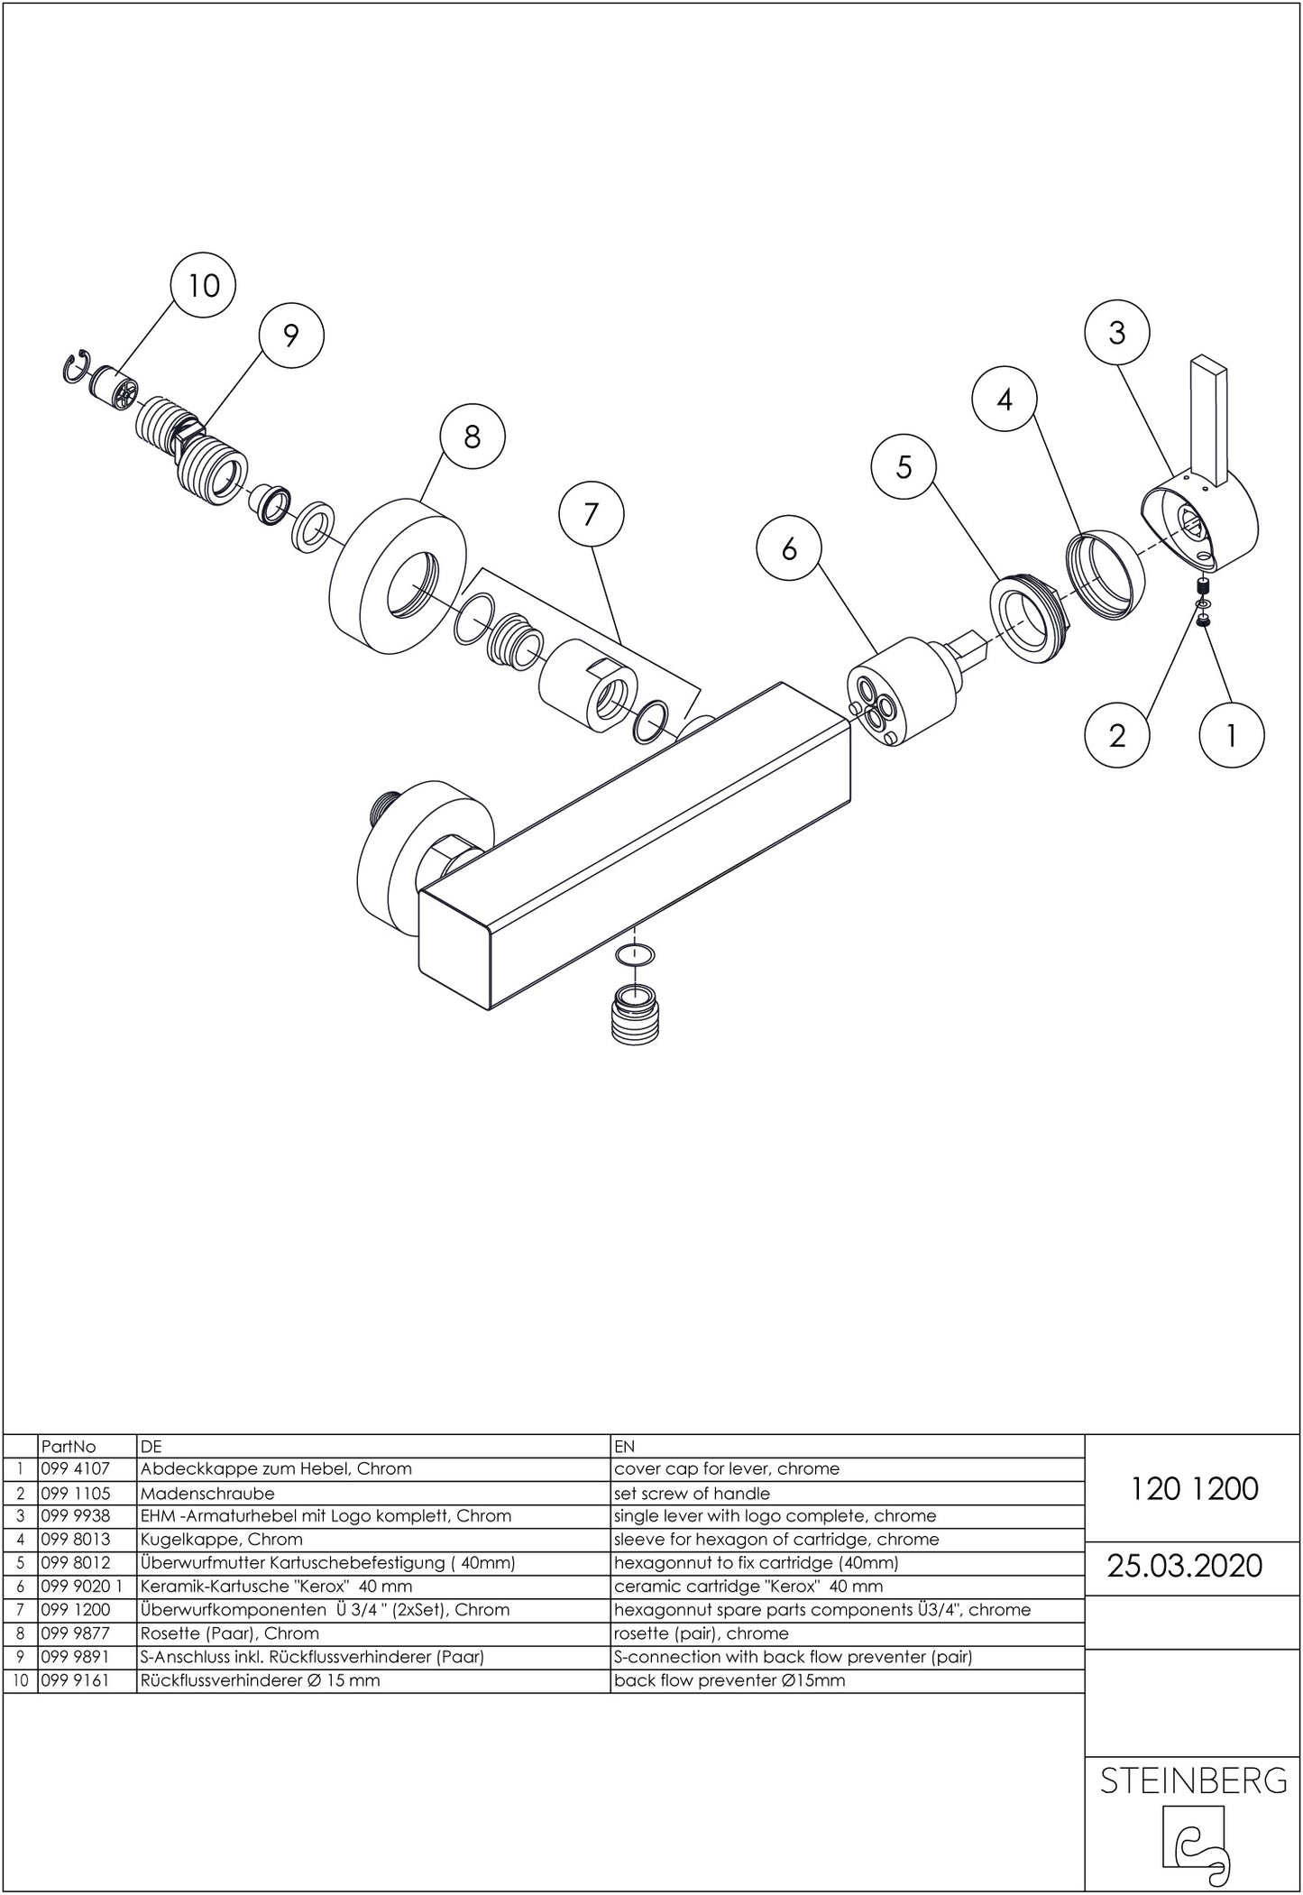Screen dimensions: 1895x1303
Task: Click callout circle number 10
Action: (203, 286)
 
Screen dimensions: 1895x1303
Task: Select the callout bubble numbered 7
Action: (591, 514)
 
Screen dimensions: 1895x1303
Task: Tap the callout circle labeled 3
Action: (1116, 334)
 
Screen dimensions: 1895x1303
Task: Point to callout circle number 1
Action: (1231, 735)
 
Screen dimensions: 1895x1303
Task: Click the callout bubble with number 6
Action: (789, 548)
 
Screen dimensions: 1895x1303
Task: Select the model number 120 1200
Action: (1193, 1488)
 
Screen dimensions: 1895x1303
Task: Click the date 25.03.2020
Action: (1184, 1565)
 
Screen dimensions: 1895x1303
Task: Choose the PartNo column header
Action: (68, 1446)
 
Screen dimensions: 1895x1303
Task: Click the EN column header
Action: (624, 1446)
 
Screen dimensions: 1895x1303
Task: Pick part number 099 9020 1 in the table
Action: (80, 1586)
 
